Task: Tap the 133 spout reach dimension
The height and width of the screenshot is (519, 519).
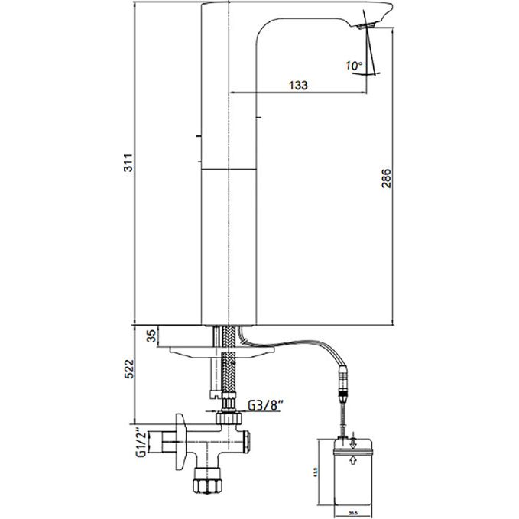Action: pos(299,86)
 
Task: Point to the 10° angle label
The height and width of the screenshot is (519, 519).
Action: pos(354,66)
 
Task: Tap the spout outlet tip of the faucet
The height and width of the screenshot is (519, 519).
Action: pos(366,26)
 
